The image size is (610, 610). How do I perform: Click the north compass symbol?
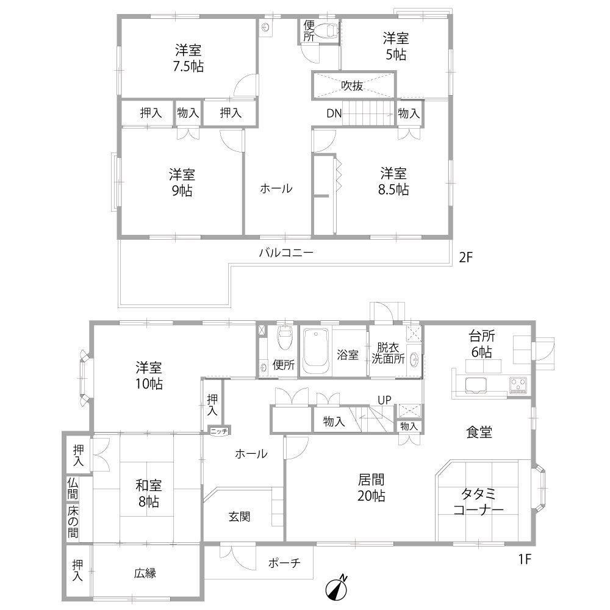[335, 588]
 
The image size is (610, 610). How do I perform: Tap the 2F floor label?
[465, 257]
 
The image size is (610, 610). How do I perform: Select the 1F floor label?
[525, 559]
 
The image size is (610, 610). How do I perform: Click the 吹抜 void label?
[352, 85]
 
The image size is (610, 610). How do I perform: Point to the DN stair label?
[334, 113]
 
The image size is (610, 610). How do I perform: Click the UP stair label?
[384, 400]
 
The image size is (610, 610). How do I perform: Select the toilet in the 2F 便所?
[326, 30]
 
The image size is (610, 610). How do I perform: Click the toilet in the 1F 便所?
[284, 337]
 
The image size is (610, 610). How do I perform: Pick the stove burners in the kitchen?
[518, 386]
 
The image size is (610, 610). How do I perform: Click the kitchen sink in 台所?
[475, 386]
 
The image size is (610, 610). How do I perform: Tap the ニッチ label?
[219, 431]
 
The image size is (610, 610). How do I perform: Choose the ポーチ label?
[284, 563]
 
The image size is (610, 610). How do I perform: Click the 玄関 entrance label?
[239, 517]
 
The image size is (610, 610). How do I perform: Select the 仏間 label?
[73, 489]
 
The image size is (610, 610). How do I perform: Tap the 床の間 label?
[73, 522]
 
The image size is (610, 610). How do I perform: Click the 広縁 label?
[145, 573]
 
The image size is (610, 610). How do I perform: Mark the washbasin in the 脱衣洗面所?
[415, 359]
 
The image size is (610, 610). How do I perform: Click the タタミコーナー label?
[478, 502]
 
